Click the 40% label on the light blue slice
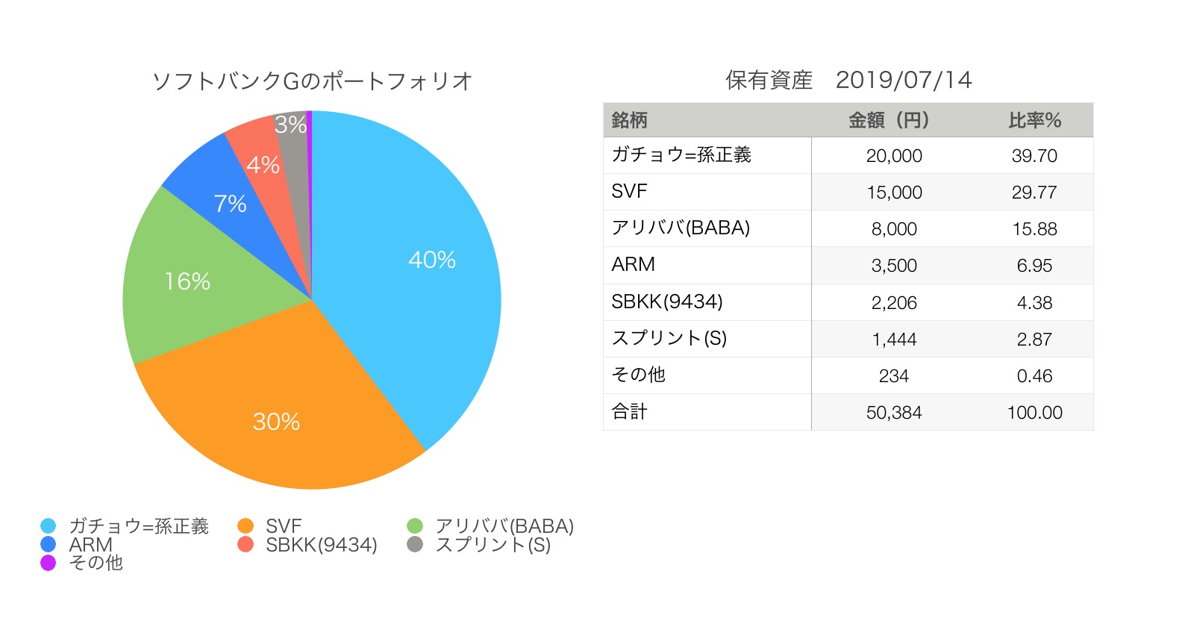432,260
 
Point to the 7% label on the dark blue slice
230,204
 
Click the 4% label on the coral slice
263,165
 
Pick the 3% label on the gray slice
290,125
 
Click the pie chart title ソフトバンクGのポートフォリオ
312,81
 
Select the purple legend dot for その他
49,563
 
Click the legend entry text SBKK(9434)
322,545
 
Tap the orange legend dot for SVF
246,526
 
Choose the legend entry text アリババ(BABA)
504,526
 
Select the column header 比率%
1034,120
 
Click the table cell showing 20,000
894,156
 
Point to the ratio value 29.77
1034,193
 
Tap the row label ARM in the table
633,265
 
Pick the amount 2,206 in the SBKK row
894,303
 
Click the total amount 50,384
894,413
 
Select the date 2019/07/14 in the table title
904,81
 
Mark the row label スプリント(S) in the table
669,339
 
